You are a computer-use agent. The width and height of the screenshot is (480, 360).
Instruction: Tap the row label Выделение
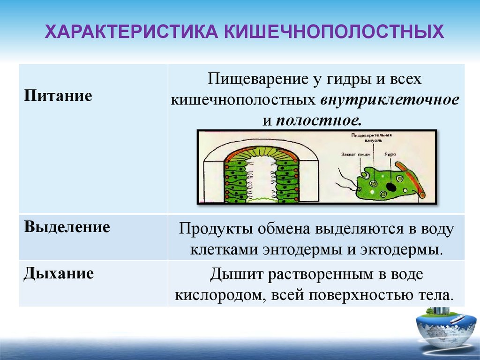coord(67,228)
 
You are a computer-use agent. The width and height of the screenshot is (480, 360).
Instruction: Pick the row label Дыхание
coord(59,273)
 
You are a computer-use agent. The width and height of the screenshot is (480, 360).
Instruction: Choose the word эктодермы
coord(401,249)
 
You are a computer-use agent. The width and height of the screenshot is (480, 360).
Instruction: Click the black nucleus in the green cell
coord(390,187)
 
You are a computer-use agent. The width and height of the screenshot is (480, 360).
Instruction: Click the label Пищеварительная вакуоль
coord(375,138)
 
